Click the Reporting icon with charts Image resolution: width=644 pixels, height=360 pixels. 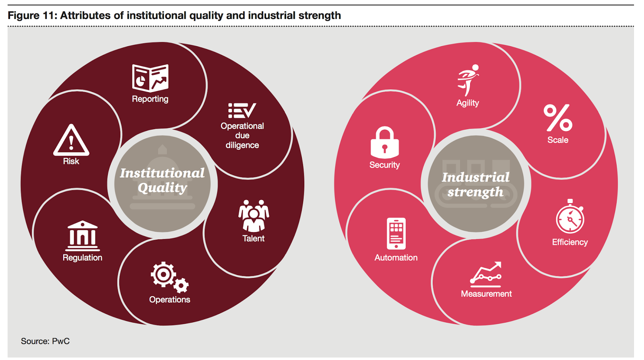[x=150, y=78]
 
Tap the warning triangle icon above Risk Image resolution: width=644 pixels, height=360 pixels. [x=71, y=140]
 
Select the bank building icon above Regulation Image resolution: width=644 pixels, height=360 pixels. [x=83, y=236]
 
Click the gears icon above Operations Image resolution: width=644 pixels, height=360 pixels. [x=169, y=277]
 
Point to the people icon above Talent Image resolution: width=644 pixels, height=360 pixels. [x=254, y=216]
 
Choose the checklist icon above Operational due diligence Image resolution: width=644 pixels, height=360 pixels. [x=242, y=111]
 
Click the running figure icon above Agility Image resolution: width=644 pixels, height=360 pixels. [x=468, y=80]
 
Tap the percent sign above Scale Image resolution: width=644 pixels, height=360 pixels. [x=558, y=118]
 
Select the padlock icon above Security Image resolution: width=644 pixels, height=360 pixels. [x=385, y=142]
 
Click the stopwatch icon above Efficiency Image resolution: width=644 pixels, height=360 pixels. [x=570, y=217]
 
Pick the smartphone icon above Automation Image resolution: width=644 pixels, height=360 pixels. [x=396, y=234]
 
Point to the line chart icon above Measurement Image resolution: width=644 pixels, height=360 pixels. [x=486, y=274]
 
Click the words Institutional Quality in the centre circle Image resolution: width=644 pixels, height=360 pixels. [x=162, y=180]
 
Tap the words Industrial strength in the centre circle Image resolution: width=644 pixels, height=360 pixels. [x=476, y=185]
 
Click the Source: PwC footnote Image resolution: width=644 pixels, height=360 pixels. [x=45, y=341]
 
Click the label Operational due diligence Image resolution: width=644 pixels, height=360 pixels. [x=242, y=136]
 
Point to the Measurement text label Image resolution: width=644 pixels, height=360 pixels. [x=486, y=294]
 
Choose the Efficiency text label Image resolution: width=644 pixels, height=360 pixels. [x=570, y=242]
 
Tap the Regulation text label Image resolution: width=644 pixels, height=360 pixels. [x=83, y=258]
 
